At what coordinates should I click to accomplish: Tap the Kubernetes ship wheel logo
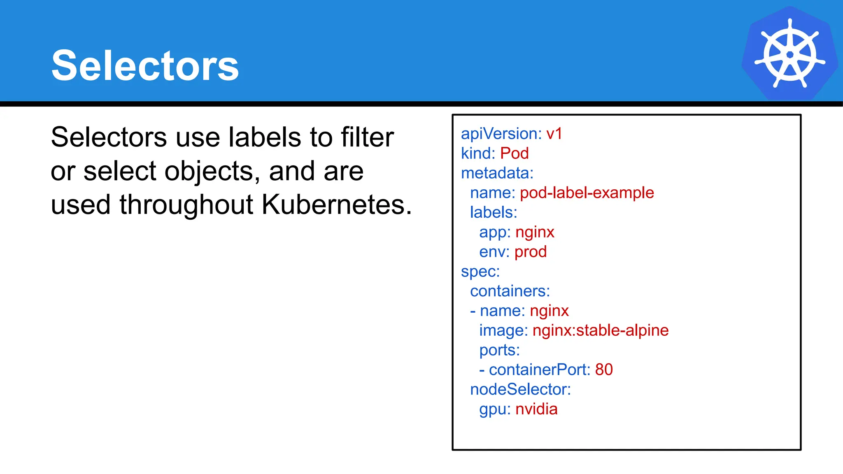click(789, 54)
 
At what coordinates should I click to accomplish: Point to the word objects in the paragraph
click(212, 171)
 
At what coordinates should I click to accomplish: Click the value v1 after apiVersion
click(554, 134)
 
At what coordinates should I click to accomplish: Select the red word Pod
click(514, 153)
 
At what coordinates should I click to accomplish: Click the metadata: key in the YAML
click(497, 173)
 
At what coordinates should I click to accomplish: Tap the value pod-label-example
click(587, 193)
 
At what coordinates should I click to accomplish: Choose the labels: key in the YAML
click(493, 212)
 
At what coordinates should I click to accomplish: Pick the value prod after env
click(530, 252)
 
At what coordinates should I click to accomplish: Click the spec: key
click(480, 272)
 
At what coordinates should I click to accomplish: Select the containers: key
click(510, 291)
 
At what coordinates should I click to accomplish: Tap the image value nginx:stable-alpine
click(600, 330)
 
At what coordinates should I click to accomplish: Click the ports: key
click(499, 350)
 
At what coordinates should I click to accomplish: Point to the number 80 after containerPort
click(603, 369)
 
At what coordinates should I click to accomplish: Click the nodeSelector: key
click(520, 389)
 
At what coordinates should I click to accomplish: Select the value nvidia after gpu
click(536, 409)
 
